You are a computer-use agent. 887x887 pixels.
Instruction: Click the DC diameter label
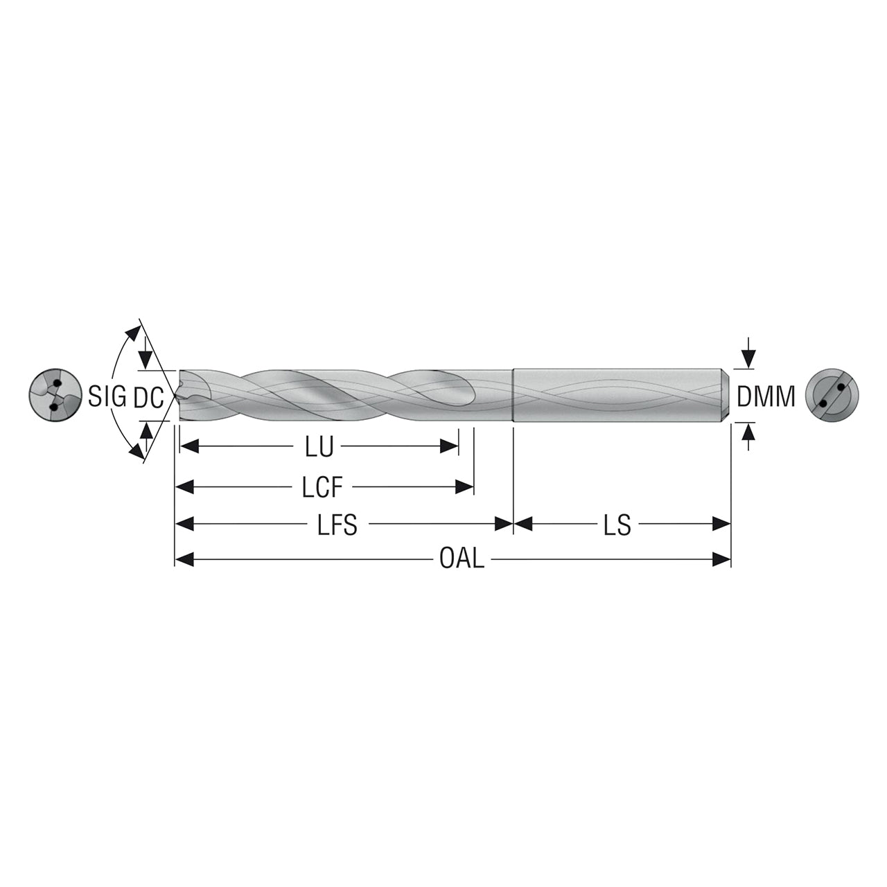click(149, 397)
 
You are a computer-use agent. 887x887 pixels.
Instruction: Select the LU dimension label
click(319, 446)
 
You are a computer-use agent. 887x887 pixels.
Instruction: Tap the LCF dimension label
click(322, 487)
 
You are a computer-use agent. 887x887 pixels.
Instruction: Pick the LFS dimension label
click(337, 525)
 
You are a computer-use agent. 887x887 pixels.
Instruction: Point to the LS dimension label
click(617, 525)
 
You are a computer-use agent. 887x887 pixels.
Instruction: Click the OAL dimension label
click(462, 559)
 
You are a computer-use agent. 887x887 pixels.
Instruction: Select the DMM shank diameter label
click(766, 396)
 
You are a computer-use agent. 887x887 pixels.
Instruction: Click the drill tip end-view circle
click(55, 395)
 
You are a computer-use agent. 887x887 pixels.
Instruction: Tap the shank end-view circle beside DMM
click(832, 395)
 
